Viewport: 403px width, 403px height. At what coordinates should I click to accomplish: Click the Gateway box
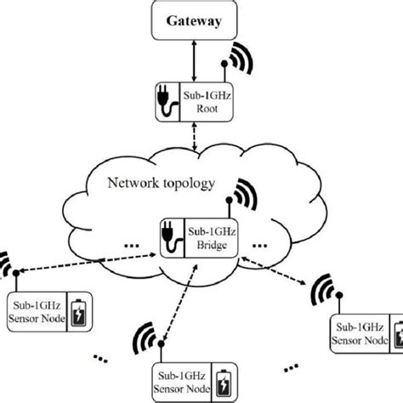[200, 20]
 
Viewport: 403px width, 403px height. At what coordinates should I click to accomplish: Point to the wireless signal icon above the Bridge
[243, 195]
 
